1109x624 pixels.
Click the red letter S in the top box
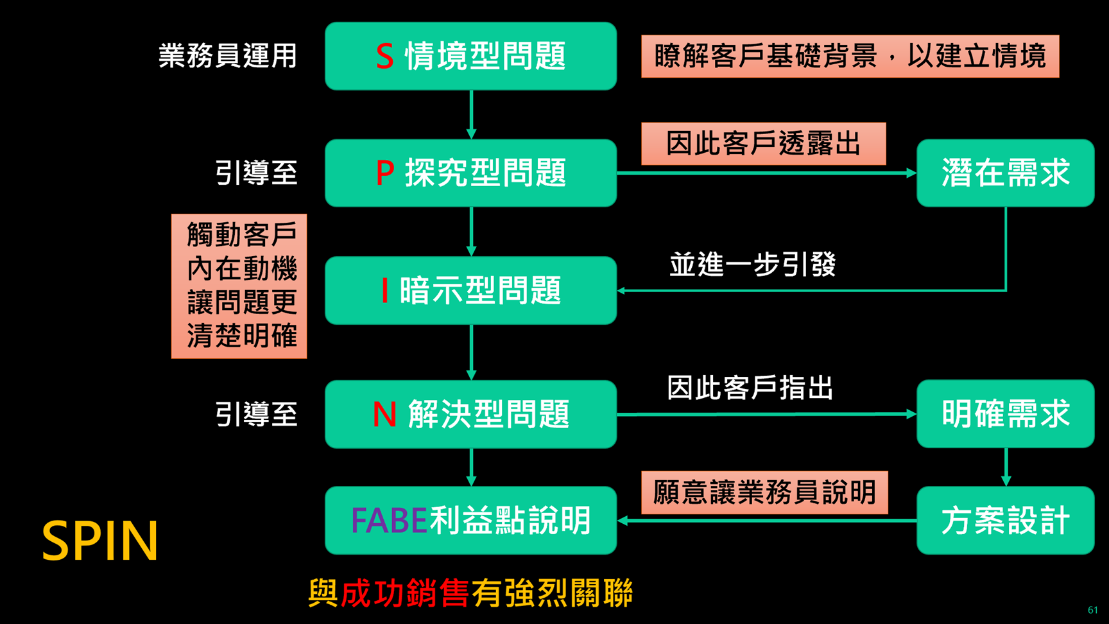[x=384, y=56]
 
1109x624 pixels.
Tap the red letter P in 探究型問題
[x=385, y=173]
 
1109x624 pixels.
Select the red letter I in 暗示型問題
[x=384, y=291]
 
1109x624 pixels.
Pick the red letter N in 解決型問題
[x=384, y=415]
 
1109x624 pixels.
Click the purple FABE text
[x=389, y=521]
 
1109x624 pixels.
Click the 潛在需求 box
[x=1005, y=173]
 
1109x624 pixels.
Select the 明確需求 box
[x=1005, y=414]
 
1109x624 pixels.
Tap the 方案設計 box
[x=1005, y=521]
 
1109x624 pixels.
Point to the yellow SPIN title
[x=100, y=541]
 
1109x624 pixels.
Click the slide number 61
[x=1093, y=610]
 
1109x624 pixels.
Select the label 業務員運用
[x=228, y=56]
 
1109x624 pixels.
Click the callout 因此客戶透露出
[x=763, y=144]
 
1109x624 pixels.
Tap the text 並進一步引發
[x=752, y=264]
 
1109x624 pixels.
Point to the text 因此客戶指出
[x=750, y=388]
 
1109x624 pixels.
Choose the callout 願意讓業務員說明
[x=764, y=493]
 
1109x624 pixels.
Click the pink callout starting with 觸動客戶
[x=239, y=286]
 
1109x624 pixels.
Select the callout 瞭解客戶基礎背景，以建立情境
[x=850, y=56]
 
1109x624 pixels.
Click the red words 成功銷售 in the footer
[x=404, y=593]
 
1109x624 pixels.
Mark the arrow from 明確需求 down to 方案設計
[x=1006, y=467]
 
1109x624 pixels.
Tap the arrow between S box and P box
[x=472, y=114]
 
